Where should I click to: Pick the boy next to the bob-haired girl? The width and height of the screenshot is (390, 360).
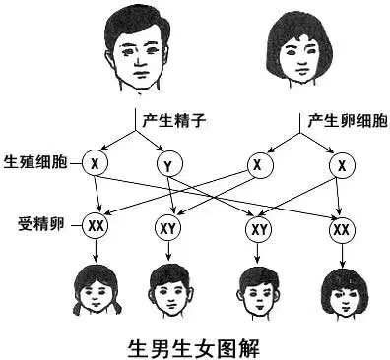258,290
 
